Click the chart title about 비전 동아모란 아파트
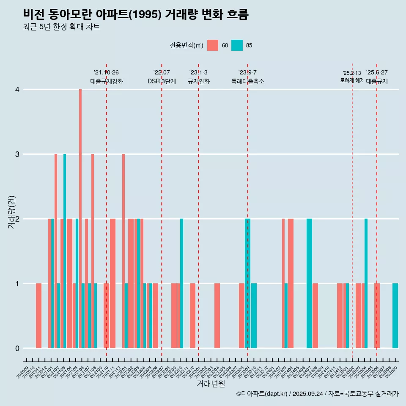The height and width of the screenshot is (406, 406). (x=136, y=15)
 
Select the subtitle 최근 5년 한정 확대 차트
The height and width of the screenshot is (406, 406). (x=61, y=27)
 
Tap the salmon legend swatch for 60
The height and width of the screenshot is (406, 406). (x=213, y=45)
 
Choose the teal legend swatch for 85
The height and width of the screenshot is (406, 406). (x=237, y=45)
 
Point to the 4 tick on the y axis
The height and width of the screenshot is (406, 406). (x=17, y=90)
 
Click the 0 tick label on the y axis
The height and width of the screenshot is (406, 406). (x=17, y=348)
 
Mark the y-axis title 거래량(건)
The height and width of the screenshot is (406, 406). (x=11, y=211)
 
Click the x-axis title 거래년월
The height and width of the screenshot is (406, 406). (x=211, y=384)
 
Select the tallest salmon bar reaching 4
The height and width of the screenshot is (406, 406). (x=80, y=219)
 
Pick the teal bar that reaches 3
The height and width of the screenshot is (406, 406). (x=65, y=251)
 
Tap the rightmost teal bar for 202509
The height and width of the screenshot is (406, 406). (x=395, y=315)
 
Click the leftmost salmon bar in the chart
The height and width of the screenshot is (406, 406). (x=38, y=315)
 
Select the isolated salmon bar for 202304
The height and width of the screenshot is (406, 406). (x=217, y=315)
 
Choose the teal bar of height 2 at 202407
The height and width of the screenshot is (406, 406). (x=309, y=283)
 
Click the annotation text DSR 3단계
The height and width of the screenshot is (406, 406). (x=162, y=81)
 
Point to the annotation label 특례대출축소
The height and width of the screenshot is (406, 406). (x=247, y=81)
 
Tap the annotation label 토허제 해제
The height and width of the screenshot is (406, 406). (x=352, y=80)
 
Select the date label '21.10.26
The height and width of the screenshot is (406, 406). (x=106, y=72)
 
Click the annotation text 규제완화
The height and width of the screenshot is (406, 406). (x=198, y=81)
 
